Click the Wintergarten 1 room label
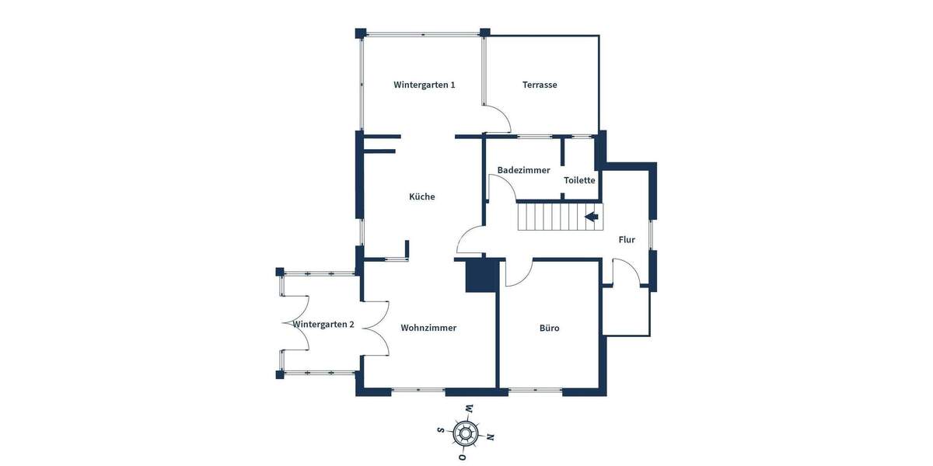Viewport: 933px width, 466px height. (x=424, y=85)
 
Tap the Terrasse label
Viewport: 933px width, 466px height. (x=539, y=85)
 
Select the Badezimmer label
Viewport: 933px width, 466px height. (x=523, y=170)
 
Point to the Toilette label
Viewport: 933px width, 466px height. (x=579, y=180)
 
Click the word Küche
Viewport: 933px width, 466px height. (x=422, y=196)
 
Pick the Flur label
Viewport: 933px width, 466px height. (x=627, y=240)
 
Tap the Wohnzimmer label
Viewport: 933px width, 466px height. (x=428, y=328)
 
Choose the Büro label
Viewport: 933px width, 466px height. (x=549, y=328)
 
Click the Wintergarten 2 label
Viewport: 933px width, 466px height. (x=323, y=325)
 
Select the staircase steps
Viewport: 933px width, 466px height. (x=552, y=217)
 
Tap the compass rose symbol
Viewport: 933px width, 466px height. (x=465, y=432)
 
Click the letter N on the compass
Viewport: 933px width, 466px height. (x=490, y=436)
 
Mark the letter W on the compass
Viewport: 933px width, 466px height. (x=469, y=408)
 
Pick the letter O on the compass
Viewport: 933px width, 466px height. (x=460, y=457)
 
